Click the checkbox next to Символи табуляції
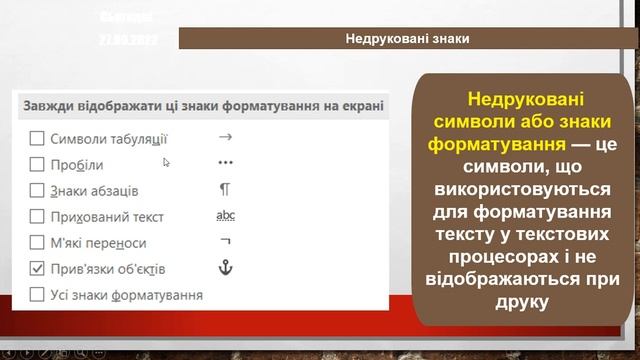(x=37, y=138)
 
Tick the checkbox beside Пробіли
(x=37, y=164)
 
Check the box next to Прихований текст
(x=37, y=216)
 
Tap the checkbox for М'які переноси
(x=37, y=243)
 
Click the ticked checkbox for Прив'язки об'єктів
(x=37, y=269)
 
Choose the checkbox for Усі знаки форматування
(x=37, y=295)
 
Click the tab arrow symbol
(x=225, y=137)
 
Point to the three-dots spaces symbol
(x=225, y=163)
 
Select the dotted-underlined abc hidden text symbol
(x=225, y=215)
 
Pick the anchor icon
(x=225, y=268)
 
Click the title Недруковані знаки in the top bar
(x=408, y=39)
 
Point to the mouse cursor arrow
(x=167, y=161)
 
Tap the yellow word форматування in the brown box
(x=491, y=143)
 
